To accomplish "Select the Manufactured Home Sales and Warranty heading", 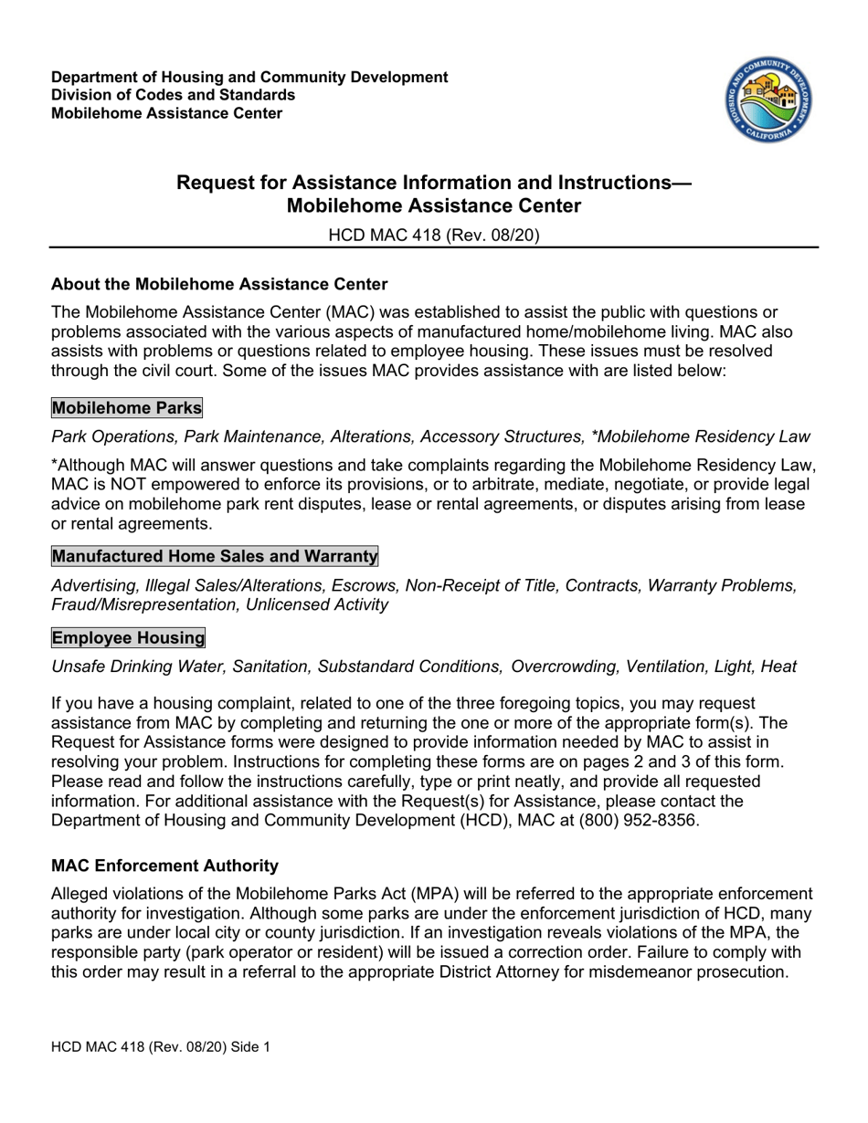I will (x=215, y=556).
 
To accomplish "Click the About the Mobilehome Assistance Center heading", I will (x=220, y=284).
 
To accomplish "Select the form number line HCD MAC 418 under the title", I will (x=434, y=235).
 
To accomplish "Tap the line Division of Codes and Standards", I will (x=173, y=95).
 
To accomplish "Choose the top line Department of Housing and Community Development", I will (x=249, y=77).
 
